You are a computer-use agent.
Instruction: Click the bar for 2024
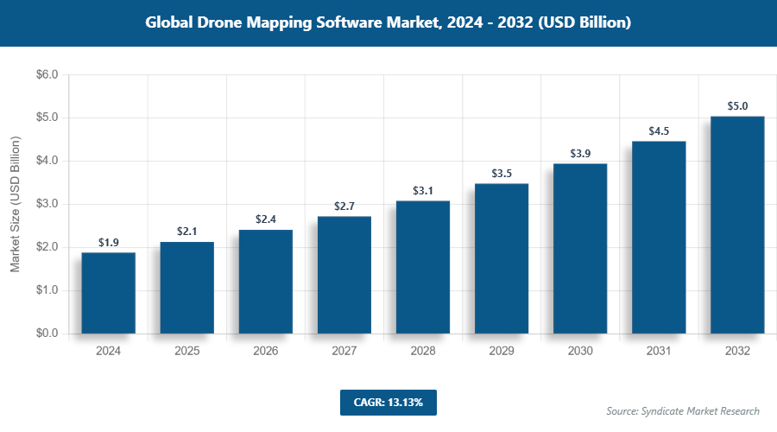[x=109, y=293]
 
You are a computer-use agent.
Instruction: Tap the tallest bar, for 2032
[x=737, y=225]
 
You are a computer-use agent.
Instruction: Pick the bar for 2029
[x=502, y=258]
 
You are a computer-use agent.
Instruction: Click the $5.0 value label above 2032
[x=737, y=106]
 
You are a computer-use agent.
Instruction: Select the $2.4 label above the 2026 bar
[x=266, y=219]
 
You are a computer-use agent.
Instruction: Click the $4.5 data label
[x=659, y=131]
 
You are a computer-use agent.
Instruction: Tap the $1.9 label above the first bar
[x=109, y=243]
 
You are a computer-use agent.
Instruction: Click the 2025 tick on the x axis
[x=187, y=352]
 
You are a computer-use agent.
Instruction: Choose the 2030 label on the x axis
[x=580, y=352]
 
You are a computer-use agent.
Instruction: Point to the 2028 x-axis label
[x=423, y=352]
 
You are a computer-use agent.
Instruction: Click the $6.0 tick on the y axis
[x=47, y=75]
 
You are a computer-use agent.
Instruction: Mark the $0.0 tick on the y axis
[x=47, y=334]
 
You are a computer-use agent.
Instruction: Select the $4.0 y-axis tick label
[x=47, y=161]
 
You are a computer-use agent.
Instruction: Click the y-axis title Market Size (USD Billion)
[x=15, y=205]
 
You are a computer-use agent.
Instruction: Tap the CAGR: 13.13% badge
[x=388, y=402]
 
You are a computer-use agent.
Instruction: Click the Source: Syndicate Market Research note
[x=683, y=411]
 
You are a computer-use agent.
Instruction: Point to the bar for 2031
[x=659, y=238]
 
